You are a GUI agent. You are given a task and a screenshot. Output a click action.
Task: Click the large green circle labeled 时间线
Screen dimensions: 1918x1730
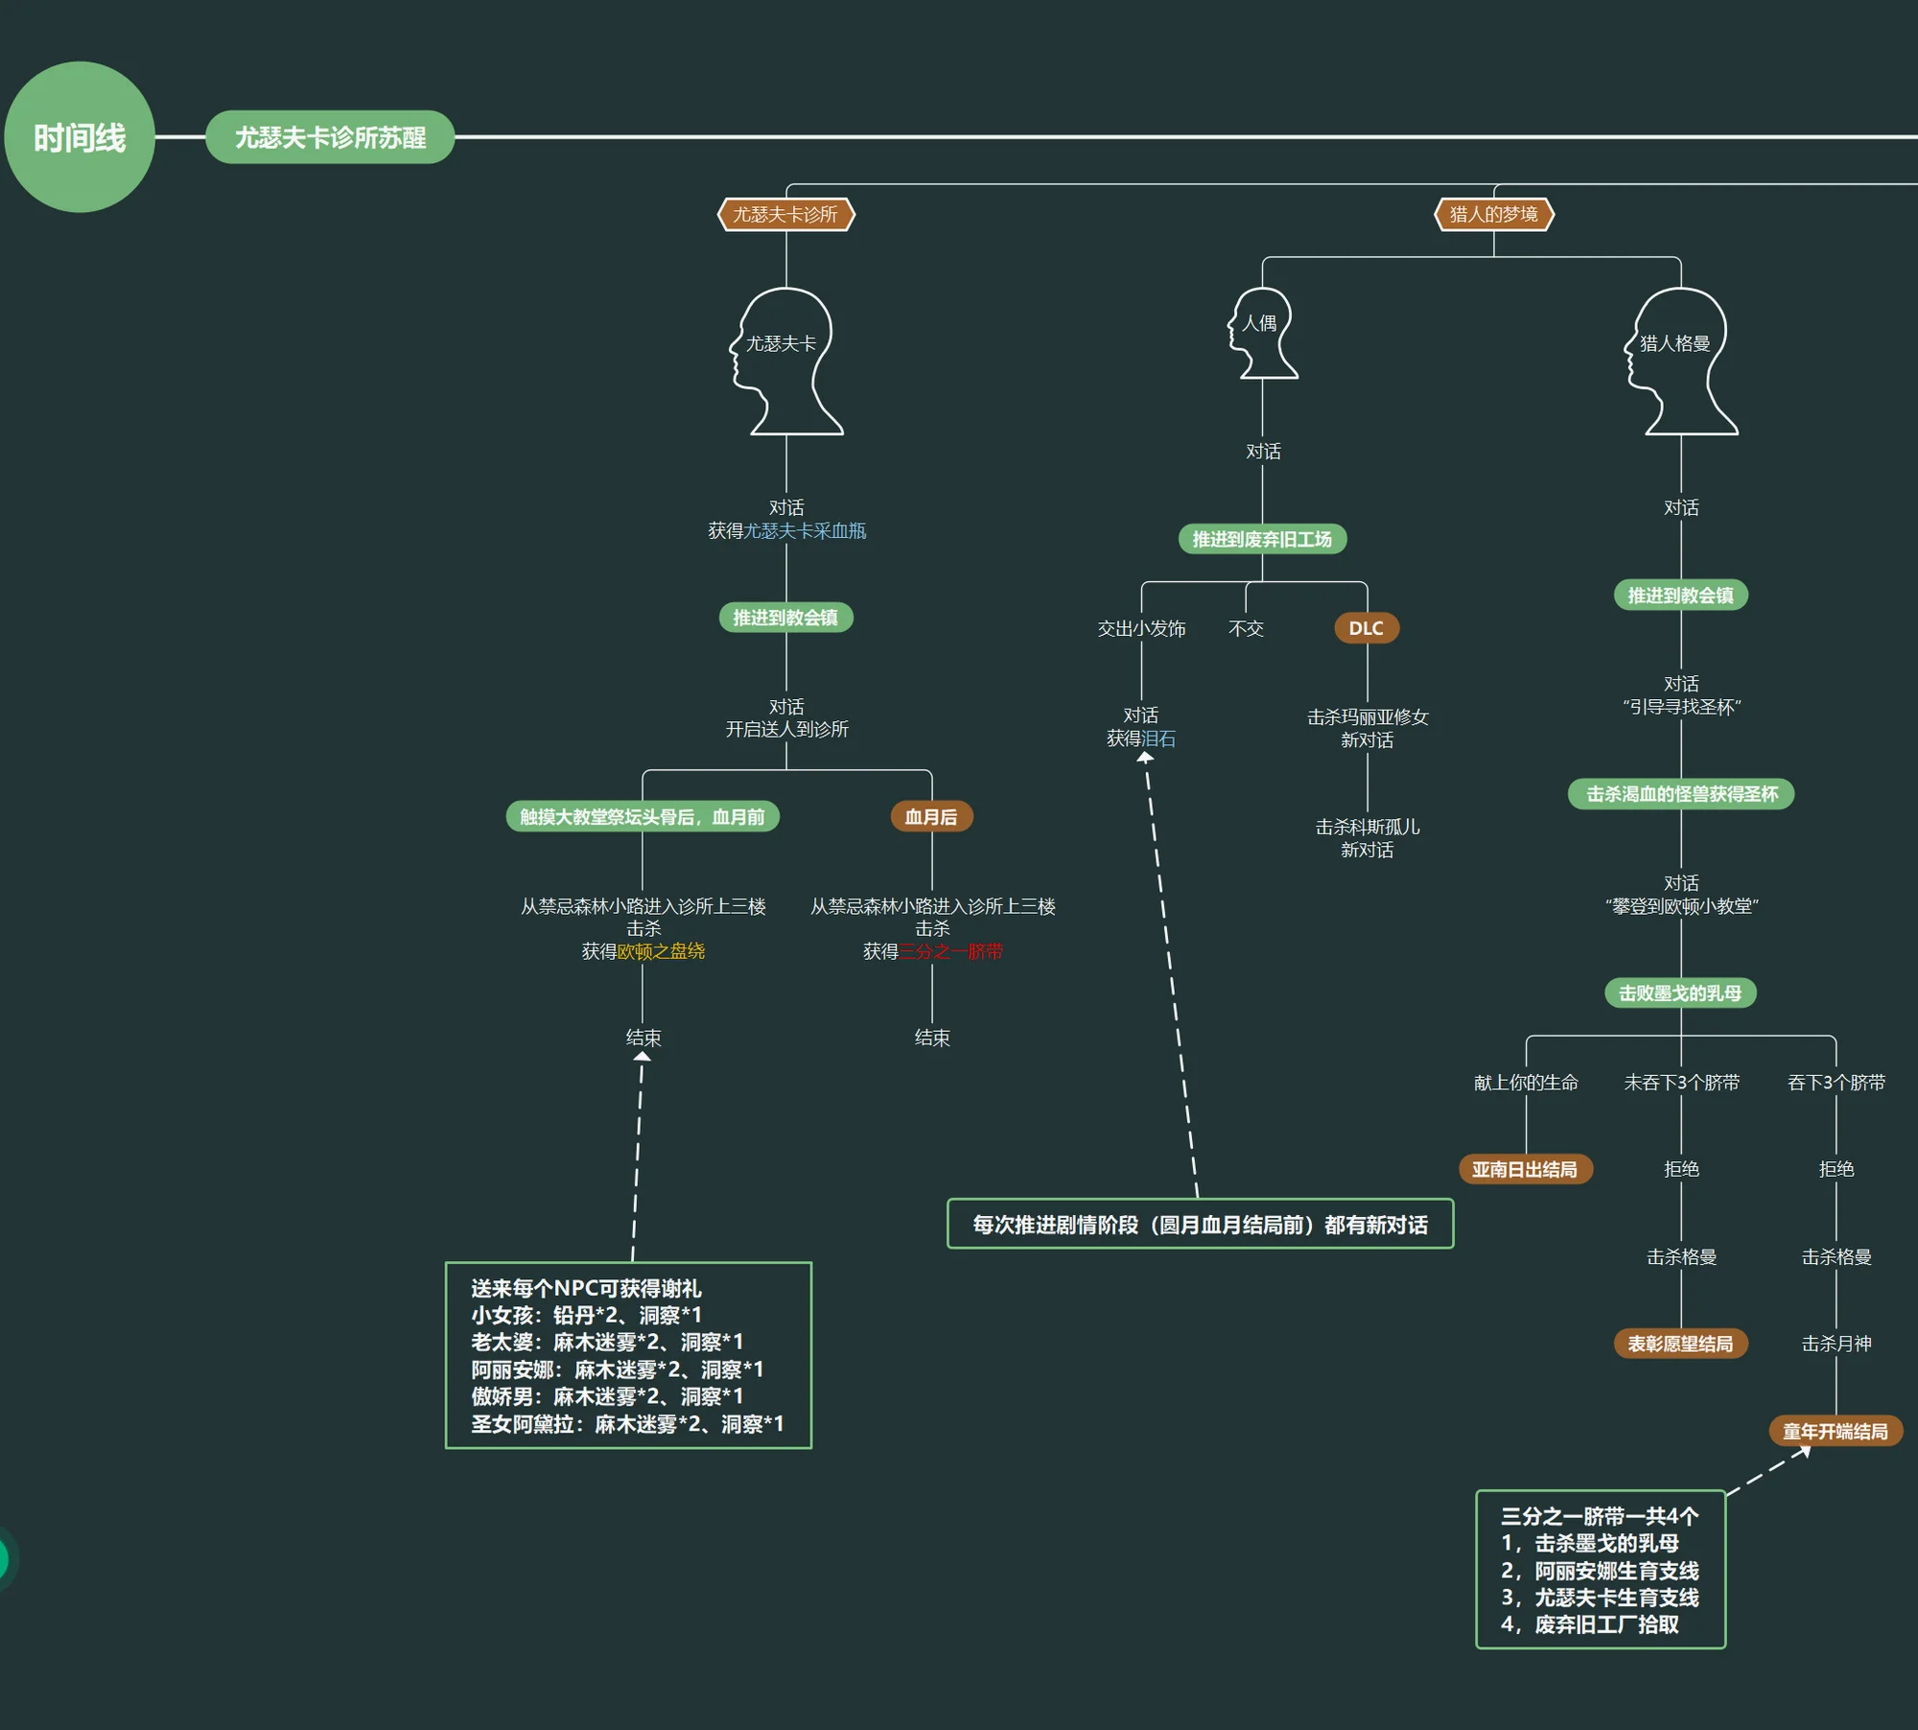pos(80,137)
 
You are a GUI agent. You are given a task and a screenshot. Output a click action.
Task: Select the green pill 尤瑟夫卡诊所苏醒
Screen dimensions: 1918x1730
pos(330,137)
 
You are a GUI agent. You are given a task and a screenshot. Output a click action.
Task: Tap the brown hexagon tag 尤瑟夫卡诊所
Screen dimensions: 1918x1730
pos(786,214)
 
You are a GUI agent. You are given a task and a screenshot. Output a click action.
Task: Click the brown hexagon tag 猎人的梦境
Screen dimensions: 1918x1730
pos(1494,214)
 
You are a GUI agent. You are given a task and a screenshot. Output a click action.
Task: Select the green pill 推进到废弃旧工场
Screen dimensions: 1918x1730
pos(1262,539)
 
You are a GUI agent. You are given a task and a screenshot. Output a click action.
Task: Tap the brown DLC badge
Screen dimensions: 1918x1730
pos(1367,628)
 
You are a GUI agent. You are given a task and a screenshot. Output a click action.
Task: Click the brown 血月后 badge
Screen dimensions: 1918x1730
pos(931,817)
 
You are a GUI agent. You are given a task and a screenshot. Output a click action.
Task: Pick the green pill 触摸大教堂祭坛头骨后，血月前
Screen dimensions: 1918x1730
pos(643,817)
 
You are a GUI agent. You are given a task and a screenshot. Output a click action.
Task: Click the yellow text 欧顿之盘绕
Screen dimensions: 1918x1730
pos(661,951)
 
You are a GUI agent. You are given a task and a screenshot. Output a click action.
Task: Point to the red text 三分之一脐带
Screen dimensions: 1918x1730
pos(950,951)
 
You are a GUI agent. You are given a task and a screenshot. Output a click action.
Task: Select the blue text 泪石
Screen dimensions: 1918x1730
pos(1158,738)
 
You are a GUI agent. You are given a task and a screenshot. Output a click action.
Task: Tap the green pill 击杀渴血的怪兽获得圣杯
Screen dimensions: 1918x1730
pos(1681,794)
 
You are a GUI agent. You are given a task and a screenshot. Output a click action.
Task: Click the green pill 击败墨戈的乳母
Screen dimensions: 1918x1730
pos(1680,994)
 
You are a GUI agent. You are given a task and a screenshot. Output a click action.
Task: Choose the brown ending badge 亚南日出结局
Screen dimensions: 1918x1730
pos(1525,1170)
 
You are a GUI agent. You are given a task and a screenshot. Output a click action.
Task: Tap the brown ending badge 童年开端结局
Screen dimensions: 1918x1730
pos(1836,1432)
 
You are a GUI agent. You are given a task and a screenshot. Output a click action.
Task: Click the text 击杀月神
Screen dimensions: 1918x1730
pos(1836,1344)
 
